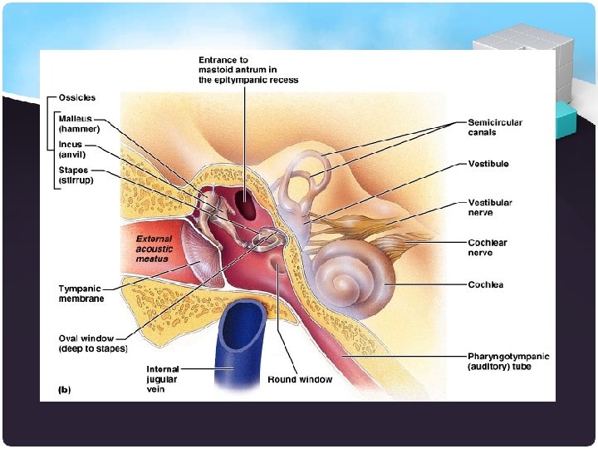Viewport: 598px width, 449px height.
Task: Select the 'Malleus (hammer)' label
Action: point(79,124)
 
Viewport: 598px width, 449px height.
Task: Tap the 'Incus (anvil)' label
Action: point(71,149)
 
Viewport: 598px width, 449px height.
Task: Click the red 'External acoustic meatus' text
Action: point(156,249)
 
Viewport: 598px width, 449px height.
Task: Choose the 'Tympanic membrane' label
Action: point(80,294)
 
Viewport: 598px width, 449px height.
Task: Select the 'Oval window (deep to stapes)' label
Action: point(92,343)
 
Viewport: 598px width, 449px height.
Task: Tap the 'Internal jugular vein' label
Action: point(163,378)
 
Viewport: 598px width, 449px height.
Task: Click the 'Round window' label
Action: point(300,379)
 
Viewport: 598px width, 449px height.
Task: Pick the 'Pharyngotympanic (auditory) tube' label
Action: point(508,362)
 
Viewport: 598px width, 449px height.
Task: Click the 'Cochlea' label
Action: point(486,285)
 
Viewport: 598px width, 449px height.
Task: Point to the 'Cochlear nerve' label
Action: point(488,247)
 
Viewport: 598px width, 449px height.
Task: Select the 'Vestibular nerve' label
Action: point(490,207)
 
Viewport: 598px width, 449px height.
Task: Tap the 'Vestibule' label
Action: point(488,165)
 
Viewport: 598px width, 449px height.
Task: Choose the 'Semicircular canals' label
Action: point(495,127)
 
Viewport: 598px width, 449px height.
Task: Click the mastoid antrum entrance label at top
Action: point(248,70)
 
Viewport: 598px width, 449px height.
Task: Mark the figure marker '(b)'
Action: point(63,389)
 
